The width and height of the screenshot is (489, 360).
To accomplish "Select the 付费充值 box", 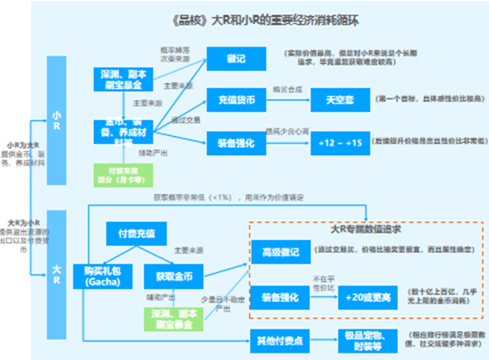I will [136, 234].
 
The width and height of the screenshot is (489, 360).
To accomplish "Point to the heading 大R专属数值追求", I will [353, 229].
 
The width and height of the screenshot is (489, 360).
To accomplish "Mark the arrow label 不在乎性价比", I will [323, 282].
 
